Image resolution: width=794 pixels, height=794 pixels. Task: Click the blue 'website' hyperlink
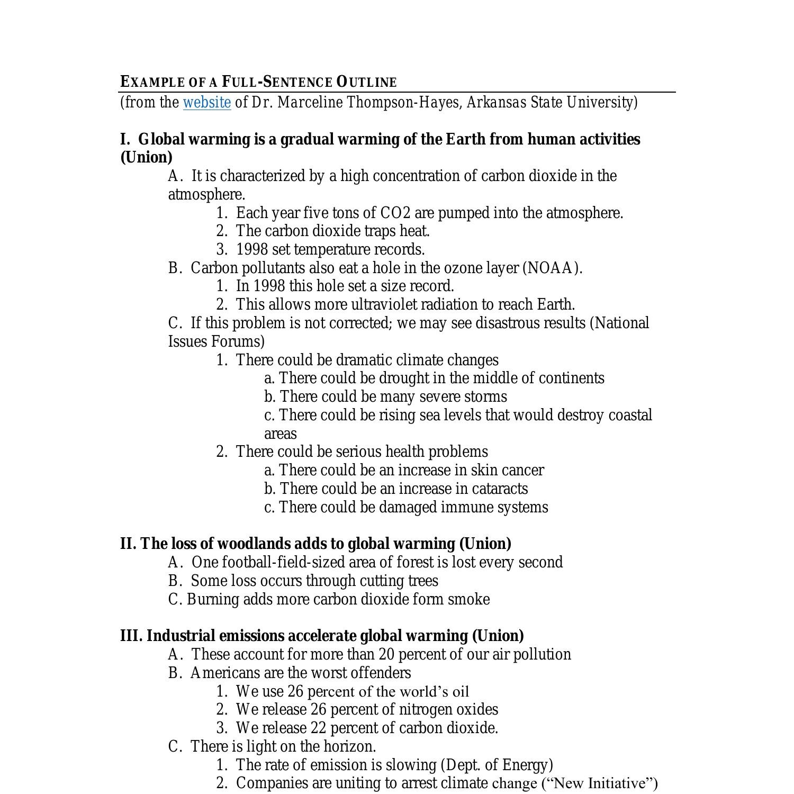[x=206, y=102]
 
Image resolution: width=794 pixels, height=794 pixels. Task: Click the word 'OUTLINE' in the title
[x=366, y=82]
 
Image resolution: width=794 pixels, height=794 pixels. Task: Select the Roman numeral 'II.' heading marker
[x=128, y=544]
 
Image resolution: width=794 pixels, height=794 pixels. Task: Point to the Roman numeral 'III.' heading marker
[x=131, y=636]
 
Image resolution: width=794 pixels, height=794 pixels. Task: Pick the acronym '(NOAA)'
[x=552, y=268]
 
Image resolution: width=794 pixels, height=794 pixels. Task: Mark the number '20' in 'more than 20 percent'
[x=386, y=654]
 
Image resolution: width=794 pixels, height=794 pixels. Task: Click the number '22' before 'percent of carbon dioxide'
[x=319, y=728]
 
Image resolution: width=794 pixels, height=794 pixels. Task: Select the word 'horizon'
[x=348, y=746]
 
